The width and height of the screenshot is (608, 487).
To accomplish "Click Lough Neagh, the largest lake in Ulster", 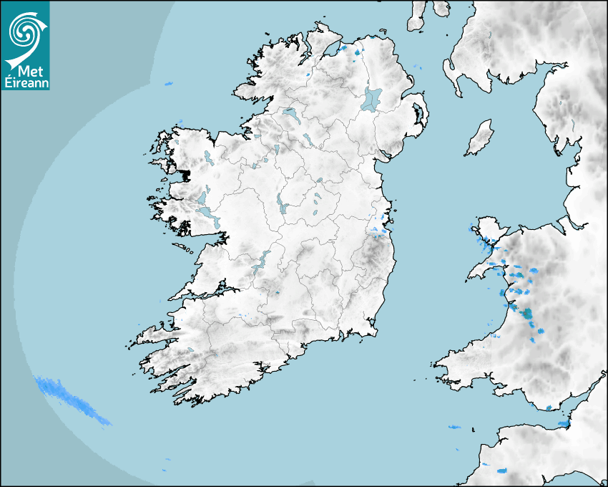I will (x=372, y=98).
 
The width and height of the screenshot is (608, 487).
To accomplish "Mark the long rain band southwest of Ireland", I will (x=72, y=400).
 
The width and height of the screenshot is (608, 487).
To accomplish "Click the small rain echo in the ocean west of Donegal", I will (x=169, y=84).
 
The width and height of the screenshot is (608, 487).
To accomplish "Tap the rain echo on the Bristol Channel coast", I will (x=563, y=425).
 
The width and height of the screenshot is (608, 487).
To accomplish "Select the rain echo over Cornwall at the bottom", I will (x=503, y=471).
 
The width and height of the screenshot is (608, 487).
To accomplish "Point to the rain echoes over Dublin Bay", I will (x=380, y=229).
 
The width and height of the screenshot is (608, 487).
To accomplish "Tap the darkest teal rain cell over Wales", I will (x=527, y=313).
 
